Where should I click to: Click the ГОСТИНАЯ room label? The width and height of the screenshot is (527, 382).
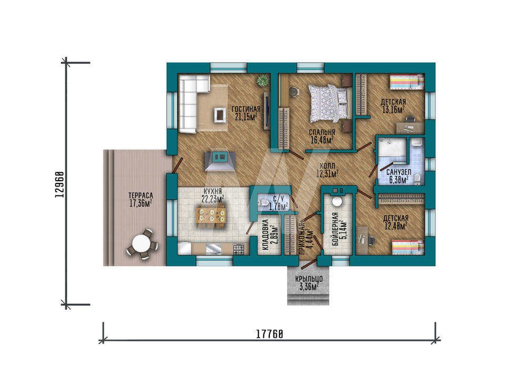[x=246, y=109]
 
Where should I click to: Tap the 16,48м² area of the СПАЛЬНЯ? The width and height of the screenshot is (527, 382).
[x=322, y=140]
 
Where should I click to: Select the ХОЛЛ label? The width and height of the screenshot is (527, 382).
[x=327, y=165]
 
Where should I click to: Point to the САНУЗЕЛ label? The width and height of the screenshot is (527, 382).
[x=398, y=172]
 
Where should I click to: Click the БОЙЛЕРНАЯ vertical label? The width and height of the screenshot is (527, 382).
[x=335, y=229]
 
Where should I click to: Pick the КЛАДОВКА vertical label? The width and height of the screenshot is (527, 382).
[x=265, y=235]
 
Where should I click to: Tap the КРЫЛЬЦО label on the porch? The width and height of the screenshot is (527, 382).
[x=309, y=279]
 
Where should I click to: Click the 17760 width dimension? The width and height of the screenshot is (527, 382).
[x=269, y=334]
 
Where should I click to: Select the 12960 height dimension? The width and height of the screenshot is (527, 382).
[x=60, y=184]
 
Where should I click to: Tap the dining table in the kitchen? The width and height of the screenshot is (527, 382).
[x=210, y=216]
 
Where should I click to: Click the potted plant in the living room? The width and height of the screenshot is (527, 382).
[x=263, y=81]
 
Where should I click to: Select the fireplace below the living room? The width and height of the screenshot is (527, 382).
[x=220, y=161]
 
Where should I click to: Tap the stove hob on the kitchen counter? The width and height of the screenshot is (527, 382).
[x=239, y=249]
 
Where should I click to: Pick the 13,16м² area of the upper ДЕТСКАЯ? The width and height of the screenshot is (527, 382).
[x=393, y=110]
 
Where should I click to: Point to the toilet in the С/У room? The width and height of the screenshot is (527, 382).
[x=263, y=202]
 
